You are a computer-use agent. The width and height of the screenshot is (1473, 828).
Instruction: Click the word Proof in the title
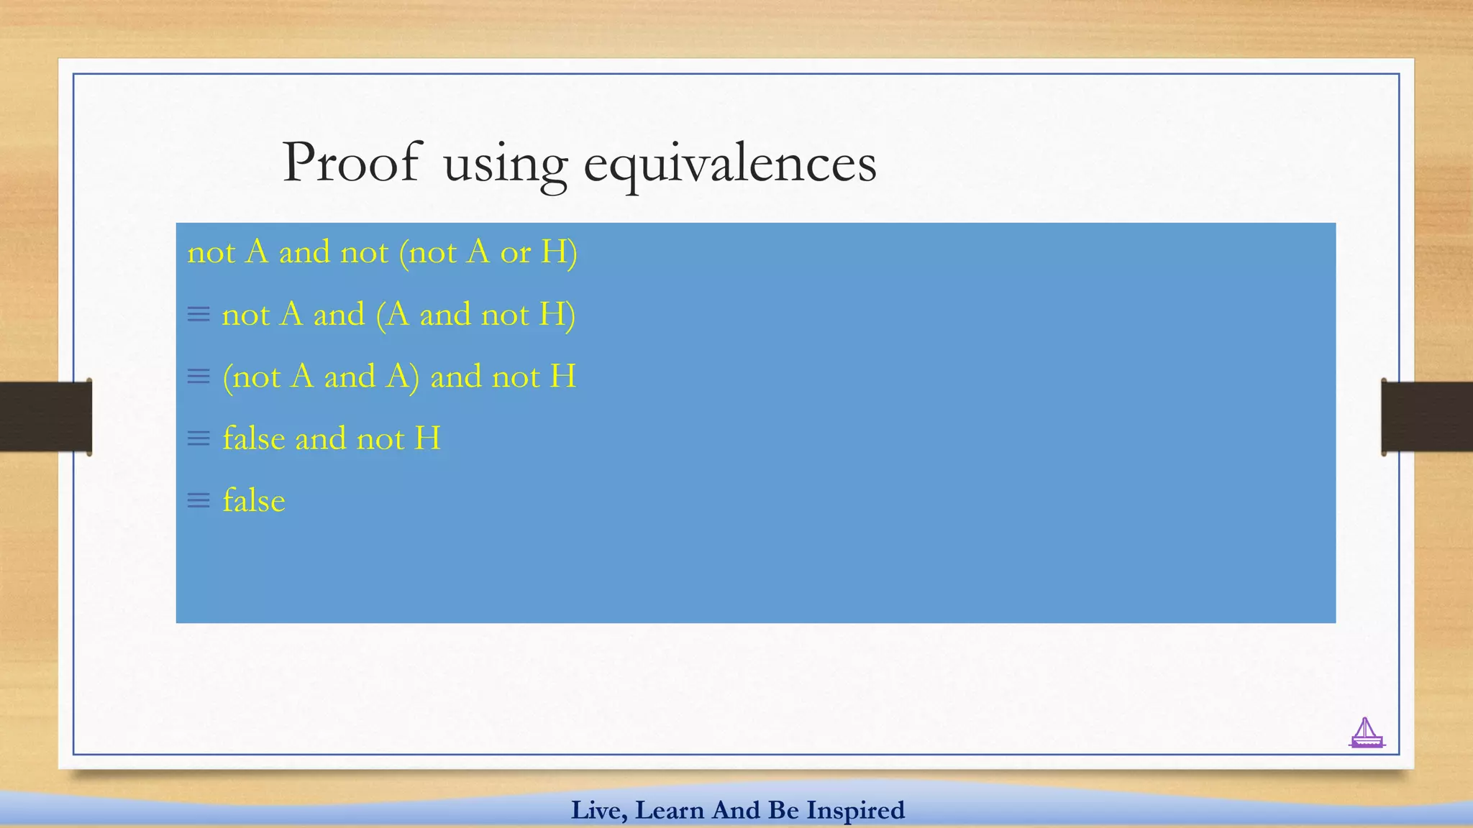[x=350, y=162]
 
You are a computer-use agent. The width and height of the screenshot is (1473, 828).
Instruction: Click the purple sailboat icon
[x=1366, y=733]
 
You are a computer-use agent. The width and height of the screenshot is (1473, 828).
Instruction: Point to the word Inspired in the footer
[x=855, y=810]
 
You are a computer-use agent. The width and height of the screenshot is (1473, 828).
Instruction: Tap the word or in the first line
[x=515, y=252]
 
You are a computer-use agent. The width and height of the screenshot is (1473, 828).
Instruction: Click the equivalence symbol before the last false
[x=199, y=500]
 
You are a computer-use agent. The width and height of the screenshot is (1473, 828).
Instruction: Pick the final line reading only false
[x=254, y=500]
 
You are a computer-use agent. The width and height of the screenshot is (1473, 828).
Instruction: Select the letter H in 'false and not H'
[x=428, y=438]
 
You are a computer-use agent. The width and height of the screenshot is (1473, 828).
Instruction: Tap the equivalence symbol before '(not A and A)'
[x=199, y=376]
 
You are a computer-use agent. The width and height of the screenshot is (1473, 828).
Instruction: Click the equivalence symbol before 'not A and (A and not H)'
[x=199, y=314]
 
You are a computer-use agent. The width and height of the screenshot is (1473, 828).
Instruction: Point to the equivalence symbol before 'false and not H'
[x=199, y=438]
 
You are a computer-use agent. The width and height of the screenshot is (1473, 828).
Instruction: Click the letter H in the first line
[x=555, y=252]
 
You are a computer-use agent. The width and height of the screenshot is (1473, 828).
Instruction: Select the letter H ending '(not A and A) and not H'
[x=563, y=377]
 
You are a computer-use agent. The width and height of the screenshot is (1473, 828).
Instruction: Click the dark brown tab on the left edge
[x=45, y=417]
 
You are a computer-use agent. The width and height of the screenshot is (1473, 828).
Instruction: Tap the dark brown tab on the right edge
[x=1427, y=417]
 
